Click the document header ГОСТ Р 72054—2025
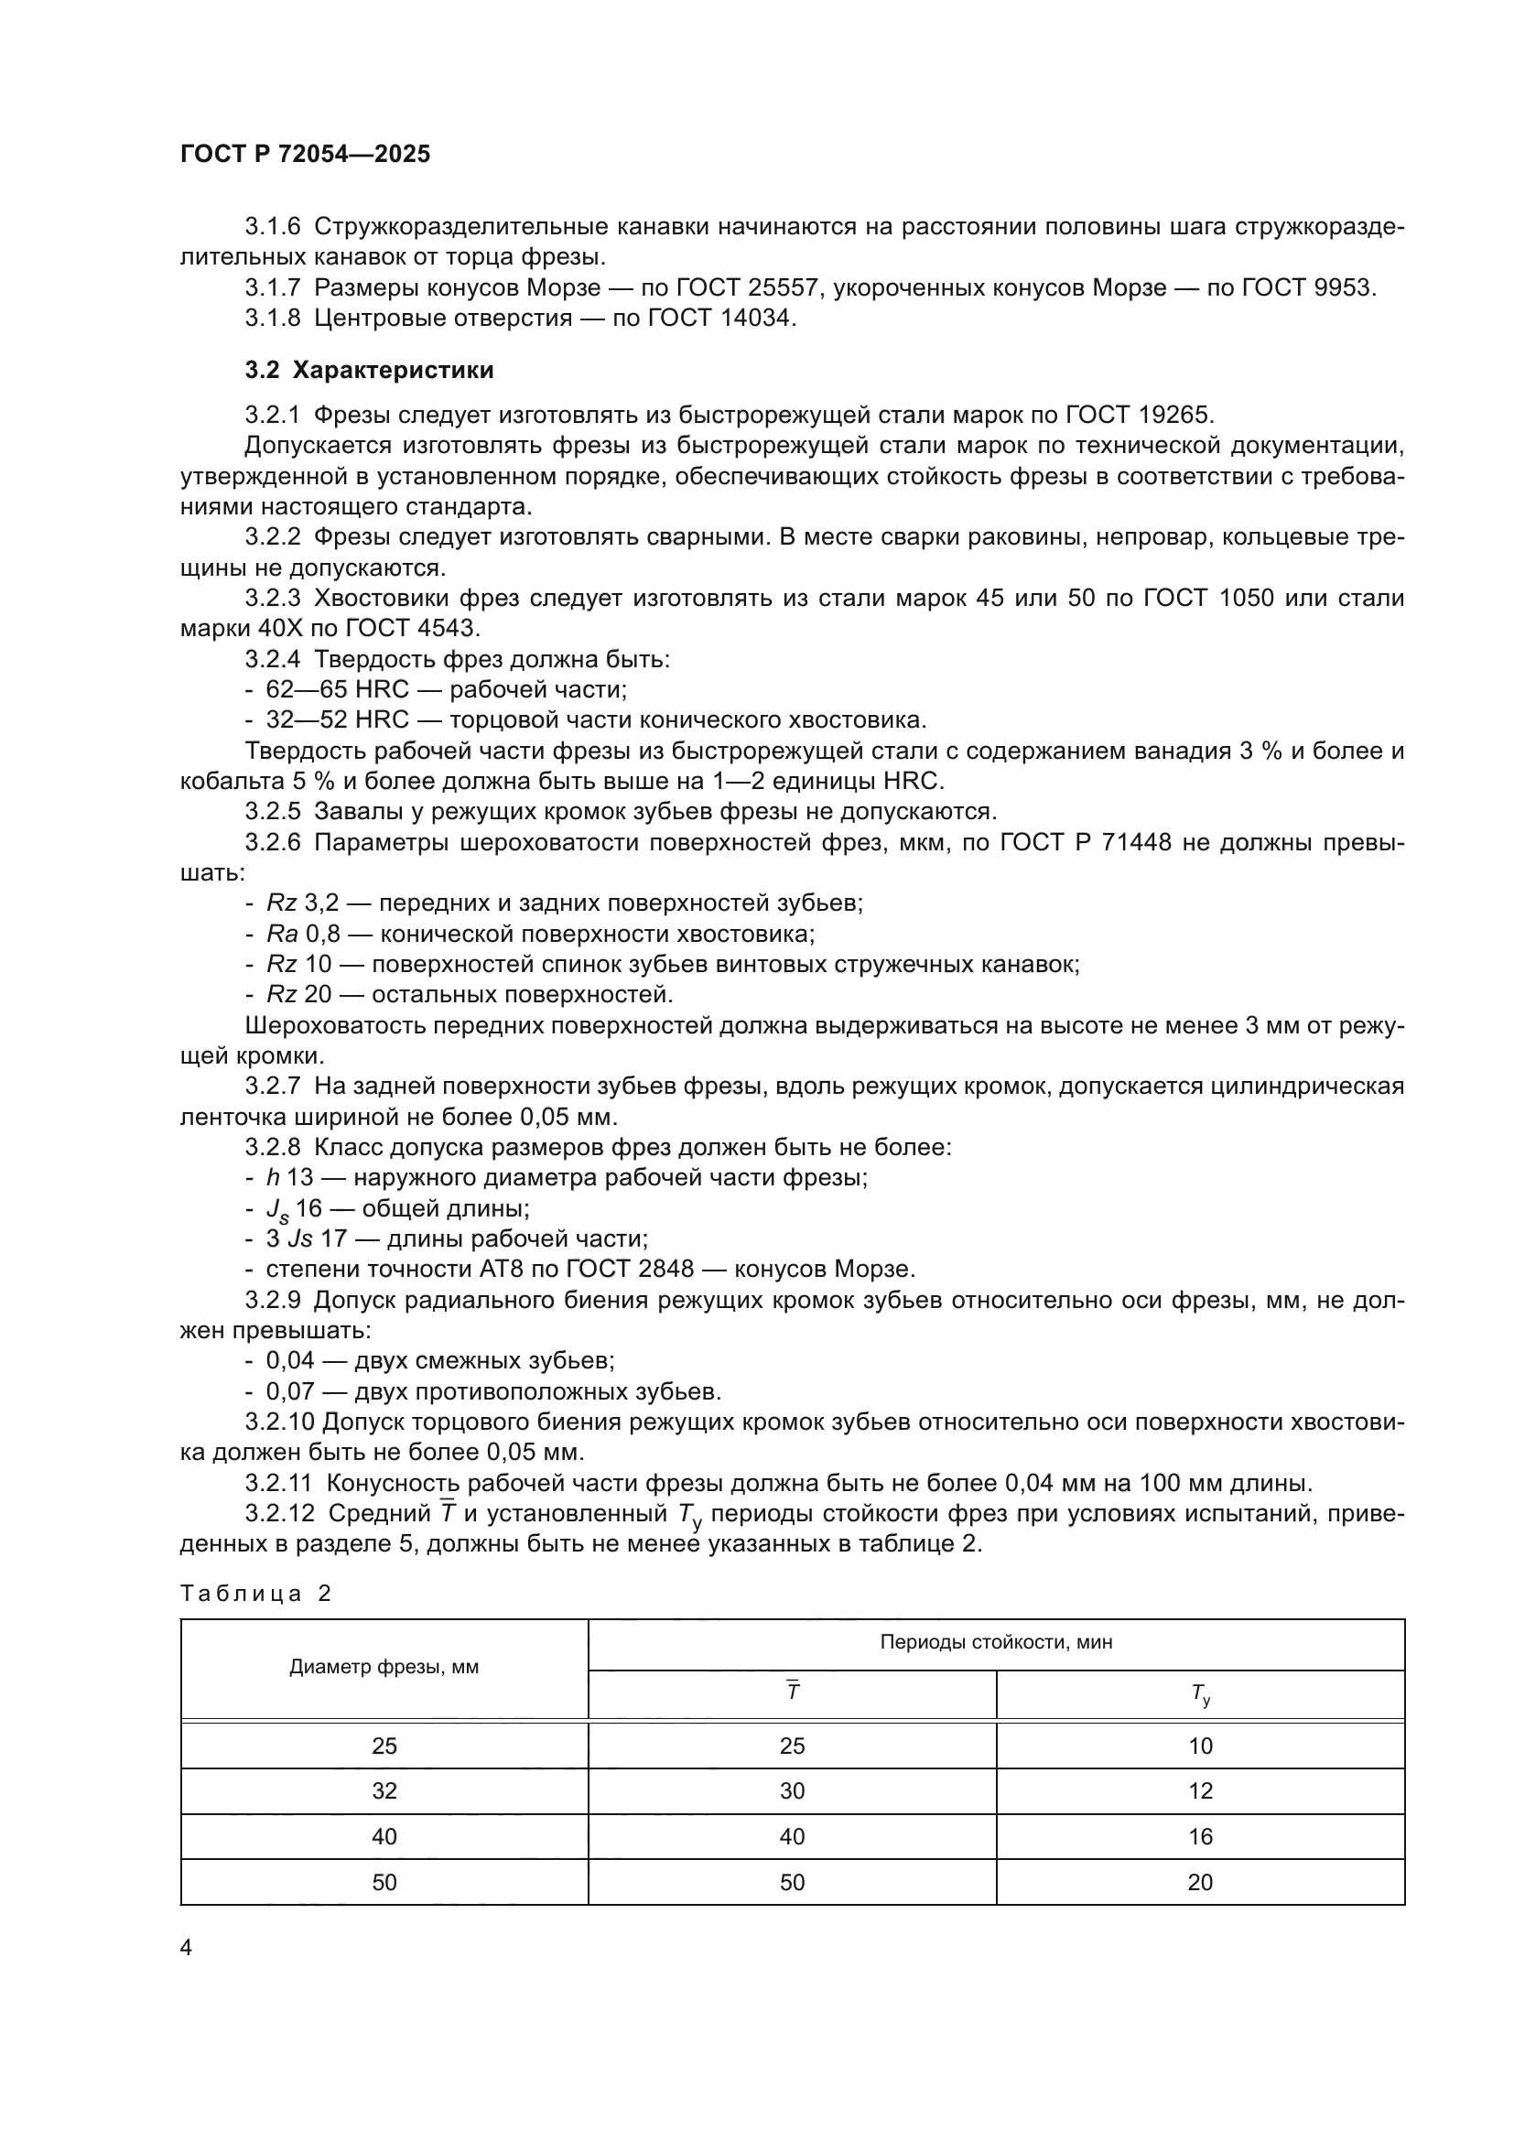[x=305, y=154]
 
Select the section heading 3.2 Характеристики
[x=369, y=370]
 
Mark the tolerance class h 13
[x=287, y=1178]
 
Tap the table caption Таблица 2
[x=255, y=1593]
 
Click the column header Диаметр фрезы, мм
[x=384, y=1667]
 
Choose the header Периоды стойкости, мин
[x=996, y=1642]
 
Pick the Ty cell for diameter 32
[x=1200, y=1790]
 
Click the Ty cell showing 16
[x=1200, y=1836]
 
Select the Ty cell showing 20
[x=1200, y=1882]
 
